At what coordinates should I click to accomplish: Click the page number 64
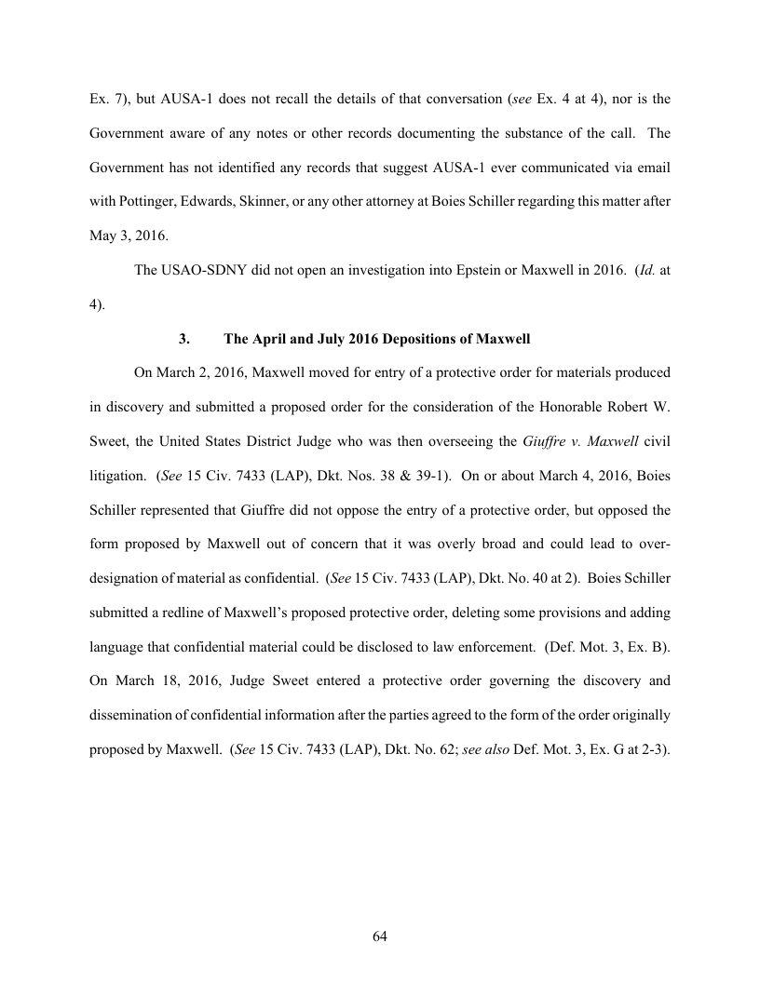pyautogui.click(x=379, y=936)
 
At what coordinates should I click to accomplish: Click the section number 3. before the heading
pyautogui.click(x=183, y=340)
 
